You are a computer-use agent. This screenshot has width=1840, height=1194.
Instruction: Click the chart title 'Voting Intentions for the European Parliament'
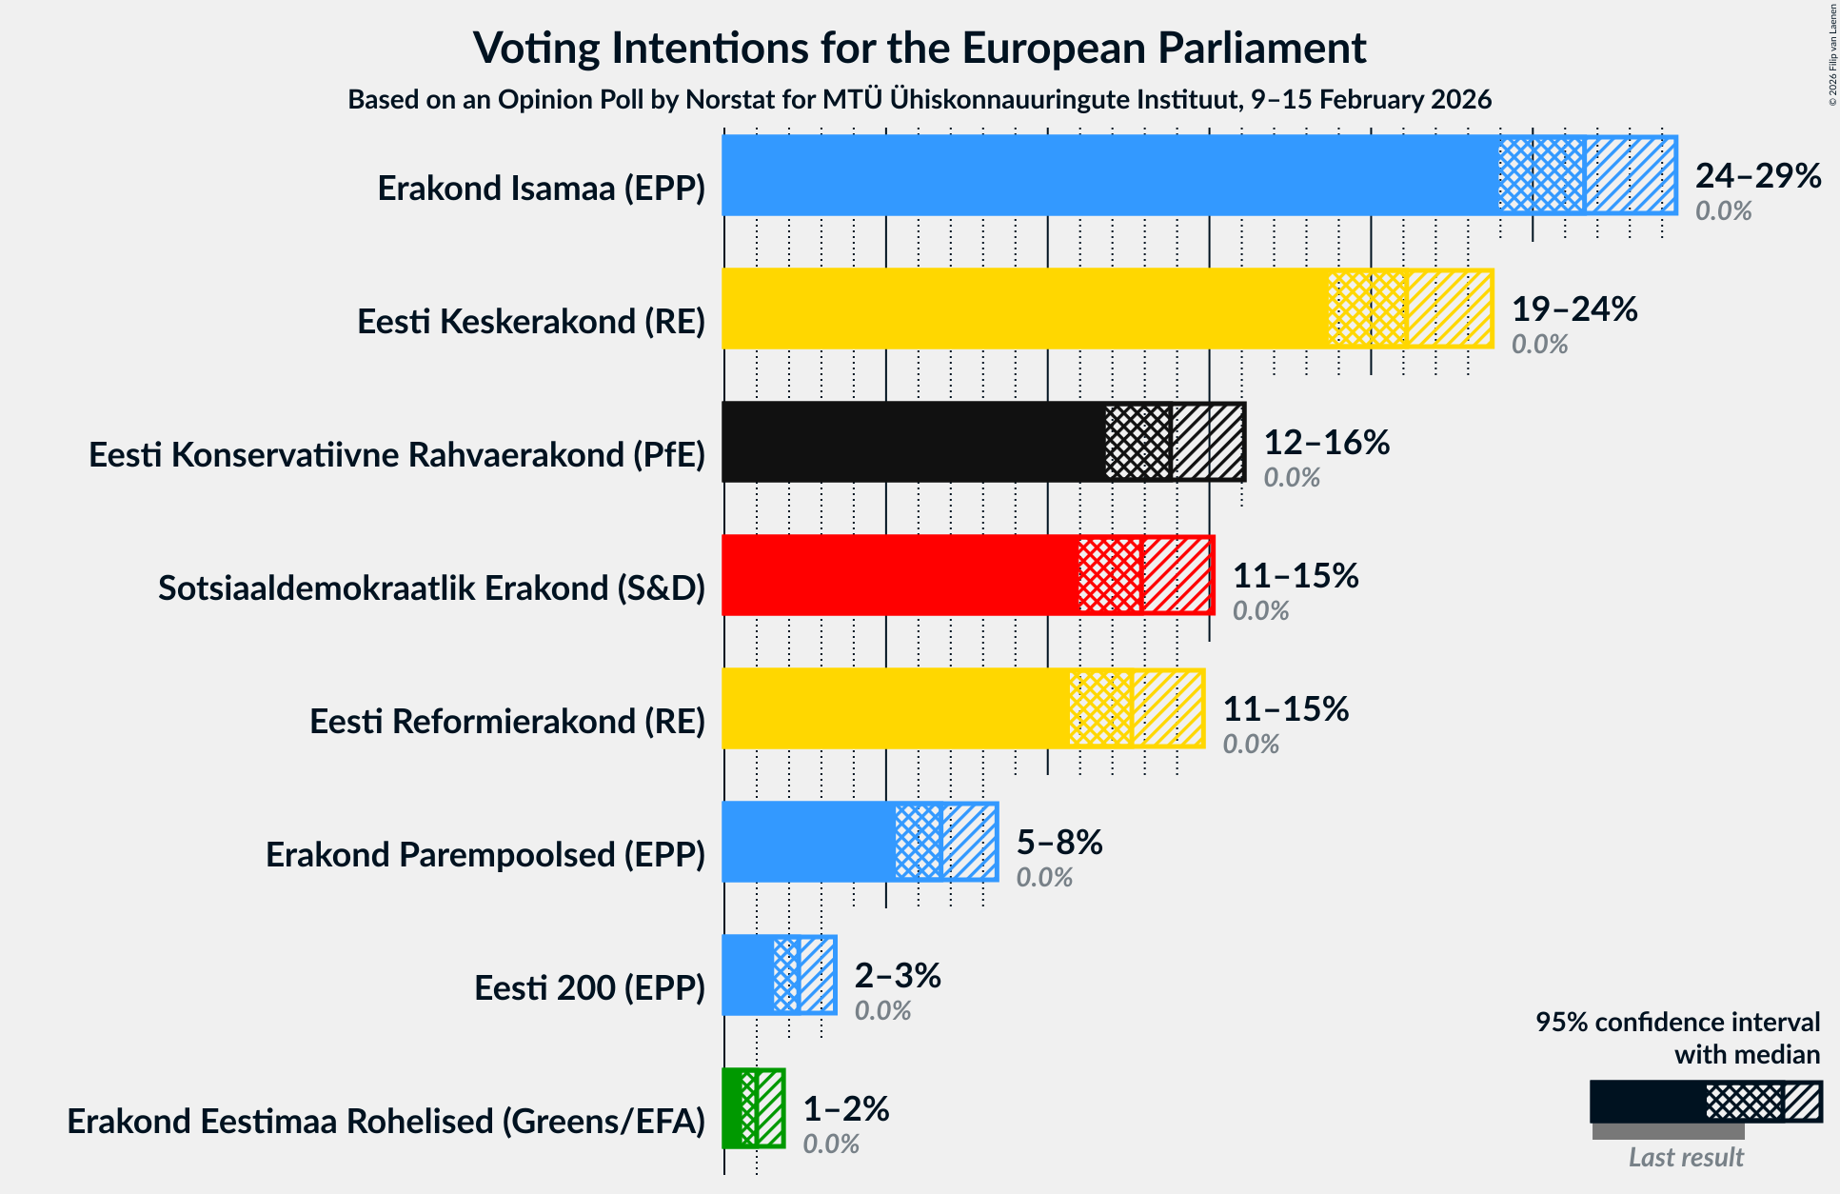coord(920,49)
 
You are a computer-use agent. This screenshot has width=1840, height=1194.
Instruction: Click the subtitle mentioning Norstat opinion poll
coord(920,100)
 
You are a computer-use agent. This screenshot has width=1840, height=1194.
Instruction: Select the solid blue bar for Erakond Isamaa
coord(1109,175)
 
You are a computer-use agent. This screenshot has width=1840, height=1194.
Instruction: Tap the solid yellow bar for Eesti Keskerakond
coord(1024,308)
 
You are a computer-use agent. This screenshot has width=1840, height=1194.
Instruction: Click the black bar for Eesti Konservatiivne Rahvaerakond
coord(913,442)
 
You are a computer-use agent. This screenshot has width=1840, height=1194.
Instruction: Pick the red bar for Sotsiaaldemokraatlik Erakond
coord(900,575)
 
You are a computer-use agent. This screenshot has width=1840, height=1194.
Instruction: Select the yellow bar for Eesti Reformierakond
coord(895,708)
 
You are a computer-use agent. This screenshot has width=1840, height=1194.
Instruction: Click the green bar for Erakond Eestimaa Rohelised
coord(731,1108)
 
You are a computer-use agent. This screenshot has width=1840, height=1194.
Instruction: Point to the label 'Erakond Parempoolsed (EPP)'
coord(485,855)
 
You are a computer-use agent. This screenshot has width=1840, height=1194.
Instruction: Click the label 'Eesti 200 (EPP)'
coord(589,988)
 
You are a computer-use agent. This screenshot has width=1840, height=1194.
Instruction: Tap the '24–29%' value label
coord(1757,176)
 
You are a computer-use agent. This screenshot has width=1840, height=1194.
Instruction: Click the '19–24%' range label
coord(1573,309)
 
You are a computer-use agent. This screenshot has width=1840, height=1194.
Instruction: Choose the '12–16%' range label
coord(1326,443)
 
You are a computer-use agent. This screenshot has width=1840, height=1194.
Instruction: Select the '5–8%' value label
coord(1058,843)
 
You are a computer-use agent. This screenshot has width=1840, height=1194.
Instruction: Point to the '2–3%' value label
coord(897,976)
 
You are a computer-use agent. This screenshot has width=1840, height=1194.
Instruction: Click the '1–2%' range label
coord(845,1109)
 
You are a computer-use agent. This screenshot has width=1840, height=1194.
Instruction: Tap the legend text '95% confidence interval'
coord(1676,1023)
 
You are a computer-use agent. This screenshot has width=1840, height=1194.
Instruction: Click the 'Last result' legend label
coord(1685,1157)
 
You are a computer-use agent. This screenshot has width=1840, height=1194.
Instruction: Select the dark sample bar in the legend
coord(1647,1102)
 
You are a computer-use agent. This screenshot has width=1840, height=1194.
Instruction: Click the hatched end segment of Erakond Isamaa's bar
coord(1630,175)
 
